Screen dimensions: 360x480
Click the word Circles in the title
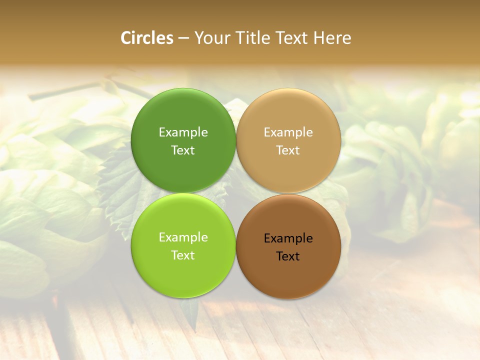tap(147, 38)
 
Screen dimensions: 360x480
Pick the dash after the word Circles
tap(183, 38)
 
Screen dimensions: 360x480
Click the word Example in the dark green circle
tap(183, 132)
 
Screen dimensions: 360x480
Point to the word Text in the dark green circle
tap(183, 150)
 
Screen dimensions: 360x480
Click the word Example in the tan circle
tap(288, 132)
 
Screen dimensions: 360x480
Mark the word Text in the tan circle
tap(288, 150)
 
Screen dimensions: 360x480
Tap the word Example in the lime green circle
tap(183, 237)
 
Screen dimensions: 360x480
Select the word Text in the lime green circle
tap(183, 255)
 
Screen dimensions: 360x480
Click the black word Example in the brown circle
tap(288, 238)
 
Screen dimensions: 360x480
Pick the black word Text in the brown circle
tap(288, 256)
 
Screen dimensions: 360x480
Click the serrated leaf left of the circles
tap(117, 185)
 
